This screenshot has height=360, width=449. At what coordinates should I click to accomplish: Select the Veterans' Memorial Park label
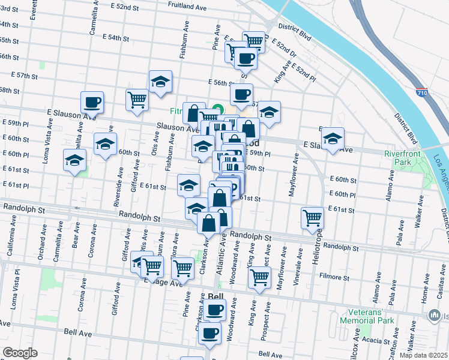tap(371, 316)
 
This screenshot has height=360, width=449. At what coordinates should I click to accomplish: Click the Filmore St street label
tap(335, 278)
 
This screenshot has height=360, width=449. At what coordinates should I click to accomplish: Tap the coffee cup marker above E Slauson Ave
tap(91, 102)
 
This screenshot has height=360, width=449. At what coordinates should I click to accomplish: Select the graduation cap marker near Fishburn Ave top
tap(160, 82)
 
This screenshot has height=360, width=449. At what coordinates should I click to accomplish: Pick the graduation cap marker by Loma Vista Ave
tap(75, 160)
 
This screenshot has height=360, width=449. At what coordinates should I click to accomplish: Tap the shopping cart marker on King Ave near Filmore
tap(259, 277)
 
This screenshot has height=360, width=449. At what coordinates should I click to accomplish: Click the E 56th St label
tap(220, 82)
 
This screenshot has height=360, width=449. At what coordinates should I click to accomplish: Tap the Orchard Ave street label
tap(43, 237)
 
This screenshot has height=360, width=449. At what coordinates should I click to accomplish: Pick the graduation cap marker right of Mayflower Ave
tap(333, 139)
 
